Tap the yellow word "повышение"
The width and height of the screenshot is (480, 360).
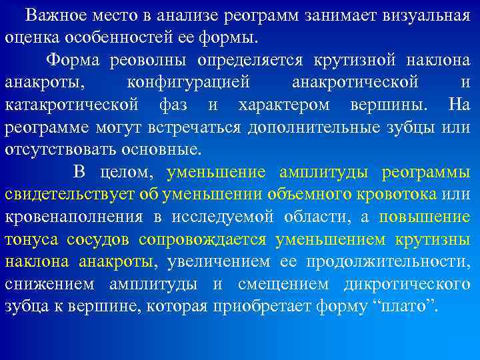(425, 217)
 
